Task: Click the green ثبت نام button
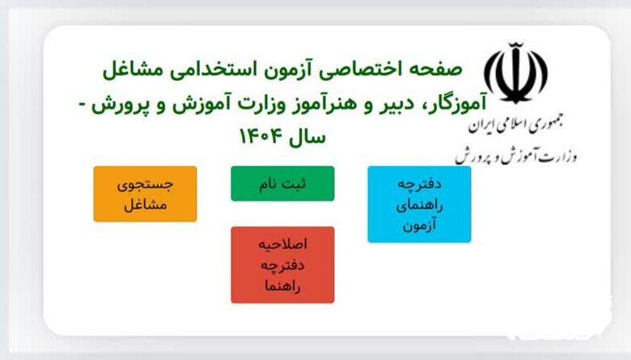(282, 184)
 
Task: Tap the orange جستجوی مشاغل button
(146, 194)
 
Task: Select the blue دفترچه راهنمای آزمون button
(419, 205)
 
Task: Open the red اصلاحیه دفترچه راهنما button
(282, 265)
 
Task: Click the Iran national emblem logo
(515, 73)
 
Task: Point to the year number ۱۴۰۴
(260, 137)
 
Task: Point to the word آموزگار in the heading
(457, 104)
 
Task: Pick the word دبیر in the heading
(397, 104)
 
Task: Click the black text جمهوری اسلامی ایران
(515, 125)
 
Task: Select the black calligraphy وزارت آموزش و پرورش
(516, 155)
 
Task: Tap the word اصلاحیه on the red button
(282, 244)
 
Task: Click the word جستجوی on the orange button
(146, 185)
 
